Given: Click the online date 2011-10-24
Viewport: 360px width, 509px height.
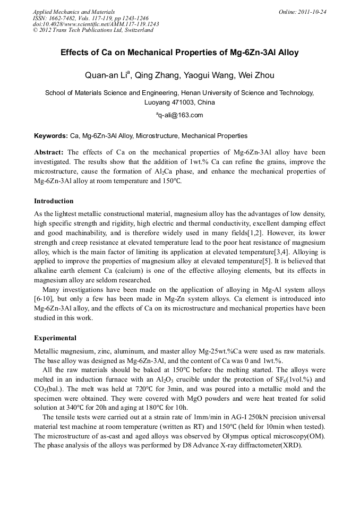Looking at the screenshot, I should point(311,12).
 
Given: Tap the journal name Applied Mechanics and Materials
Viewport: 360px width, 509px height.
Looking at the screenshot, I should point(74,12).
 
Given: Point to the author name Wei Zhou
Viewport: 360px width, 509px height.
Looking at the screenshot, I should point(257,75).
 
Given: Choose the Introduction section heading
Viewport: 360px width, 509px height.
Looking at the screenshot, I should point(54,201).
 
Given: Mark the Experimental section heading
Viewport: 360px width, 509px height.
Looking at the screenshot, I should point(55,338).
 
